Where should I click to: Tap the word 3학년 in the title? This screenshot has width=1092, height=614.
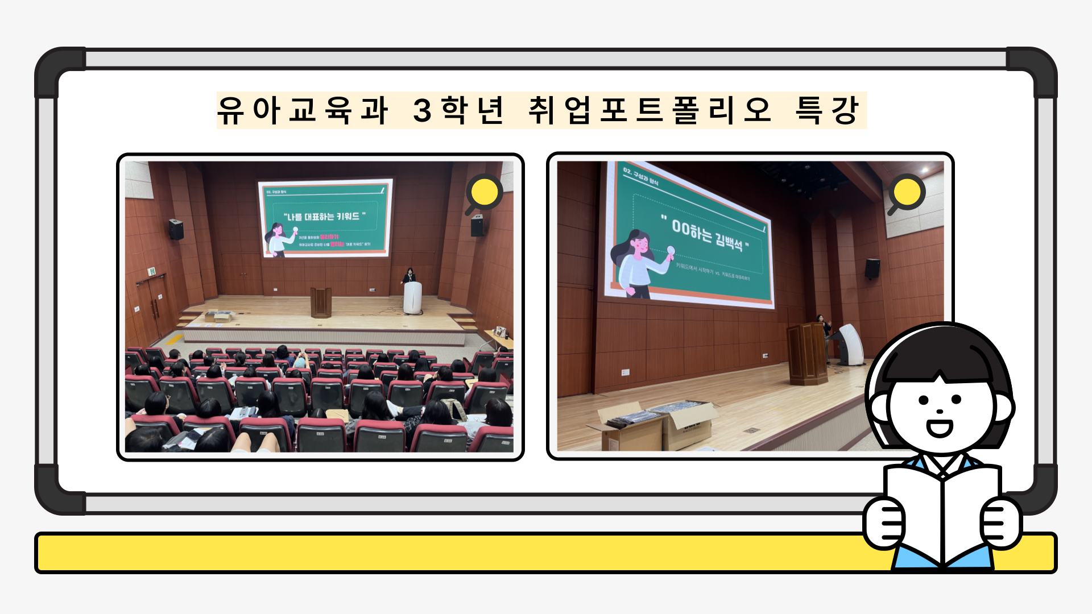tap(458, 110)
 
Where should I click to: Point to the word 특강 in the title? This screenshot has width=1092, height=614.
tap(827, 110)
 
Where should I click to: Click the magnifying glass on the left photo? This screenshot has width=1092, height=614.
tap(483, 193)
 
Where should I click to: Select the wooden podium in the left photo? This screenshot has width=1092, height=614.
tap(321, 302)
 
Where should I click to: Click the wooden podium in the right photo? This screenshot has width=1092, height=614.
tap(807, 354)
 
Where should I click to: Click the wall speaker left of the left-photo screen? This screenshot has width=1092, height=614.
tap(176, 229)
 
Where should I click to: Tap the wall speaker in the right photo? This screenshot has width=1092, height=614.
tap(872, 268)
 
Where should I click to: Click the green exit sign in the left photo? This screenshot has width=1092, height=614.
tap(152, 271)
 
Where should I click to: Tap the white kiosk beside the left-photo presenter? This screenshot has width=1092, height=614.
tap(412, 297)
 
